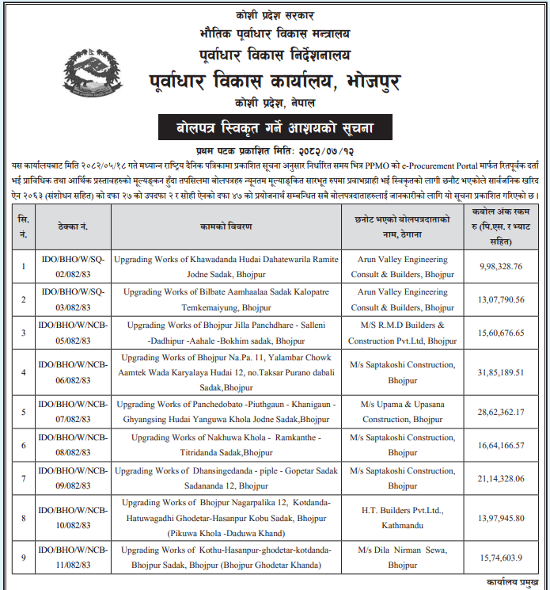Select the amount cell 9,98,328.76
pos(501,267)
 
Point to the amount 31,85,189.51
pos(501,372)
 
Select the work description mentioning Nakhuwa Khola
pos(226,445)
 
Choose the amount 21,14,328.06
pos(501,478)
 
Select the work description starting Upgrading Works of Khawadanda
pos(226,267)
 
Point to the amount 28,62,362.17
pos(501,412)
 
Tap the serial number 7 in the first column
pos(23,478)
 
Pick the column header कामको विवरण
pos(226,226)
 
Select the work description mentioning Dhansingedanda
pos(226,478)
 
